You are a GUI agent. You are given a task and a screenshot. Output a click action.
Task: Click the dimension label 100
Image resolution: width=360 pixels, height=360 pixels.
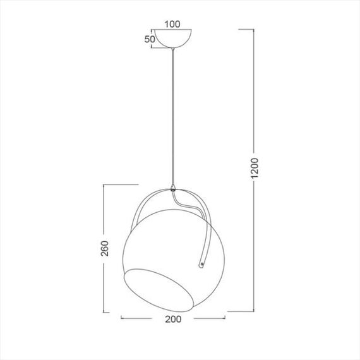(x=172, y=24)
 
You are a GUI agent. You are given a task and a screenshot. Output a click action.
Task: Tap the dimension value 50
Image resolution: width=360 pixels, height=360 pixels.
(x=150, y=39)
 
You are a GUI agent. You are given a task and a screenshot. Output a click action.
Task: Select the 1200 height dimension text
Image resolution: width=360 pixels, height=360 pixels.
(x=255, y=168)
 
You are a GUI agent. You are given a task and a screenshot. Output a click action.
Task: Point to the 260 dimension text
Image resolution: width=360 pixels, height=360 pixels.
(x=104, y=248)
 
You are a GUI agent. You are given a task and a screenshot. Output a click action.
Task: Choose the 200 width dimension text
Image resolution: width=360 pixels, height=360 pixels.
(x=173, y=319)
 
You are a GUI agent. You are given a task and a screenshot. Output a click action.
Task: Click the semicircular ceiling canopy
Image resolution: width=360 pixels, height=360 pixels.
(x=173, y=38)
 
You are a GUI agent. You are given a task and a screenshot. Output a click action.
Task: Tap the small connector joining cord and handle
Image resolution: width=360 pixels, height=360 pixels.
(x=173, y=188)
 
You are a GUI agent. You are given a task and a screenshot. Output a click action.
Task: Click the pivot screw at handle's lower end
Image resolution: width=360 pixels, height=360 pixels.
(x=202, y=264)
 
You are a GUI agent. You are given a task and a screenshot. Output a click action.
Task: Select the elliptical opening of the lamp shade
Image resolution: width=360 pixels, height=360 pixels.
(x=159, y=290)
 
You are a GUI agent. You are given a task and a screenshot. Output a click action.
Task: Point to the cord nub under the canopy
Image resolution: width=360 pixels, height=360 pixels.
(x=173, y=49)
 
